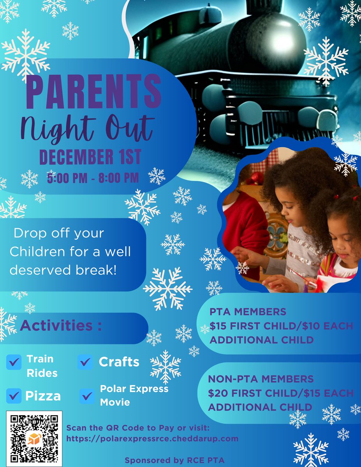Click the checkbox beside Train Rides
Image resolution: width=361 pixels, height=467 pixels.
(14, 362)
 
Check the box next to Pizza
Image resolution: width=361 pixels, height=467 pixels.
(14, 396)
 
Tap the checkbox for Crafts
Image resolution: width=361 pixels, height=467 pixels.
(85, 362)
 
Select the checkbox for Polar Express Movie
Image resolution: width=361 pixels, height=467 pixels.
(87, 396)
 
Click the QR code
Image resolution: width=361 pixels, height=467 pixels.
(34, 439)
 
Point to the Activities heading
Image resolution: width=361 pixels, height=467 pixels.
(61, 326)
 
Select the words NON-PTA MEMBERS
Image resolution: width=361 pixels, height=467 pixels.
(261, 379)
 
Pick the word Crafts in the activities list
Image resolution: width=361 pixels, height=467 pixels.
(119, 362)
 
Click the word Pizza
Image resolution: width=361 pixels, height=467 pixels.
(43, 396)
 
